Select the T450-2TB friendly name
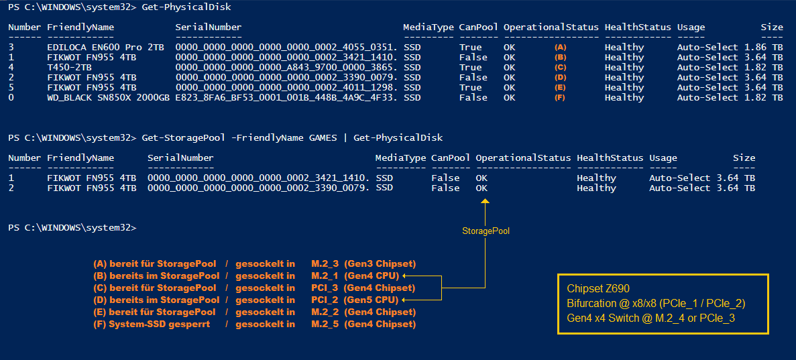click(70, 68)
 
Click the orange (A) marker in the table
click(561, 48)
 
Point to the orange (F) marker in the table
click(561, 98)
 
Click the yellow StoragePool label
click(486, 231)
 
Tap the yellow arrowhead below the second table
click(486, 201)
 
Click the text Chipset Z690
click(598, 289)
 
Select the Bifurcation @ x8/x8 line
click(656, 304)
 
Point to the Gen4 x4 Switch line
click(650, 318)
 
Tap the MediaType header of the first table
click(428, 27)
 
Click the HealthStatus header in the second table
click(610, 158)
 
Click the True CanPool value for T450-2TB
click(471, 68)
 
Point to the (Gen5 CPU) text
click(371, 300)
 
